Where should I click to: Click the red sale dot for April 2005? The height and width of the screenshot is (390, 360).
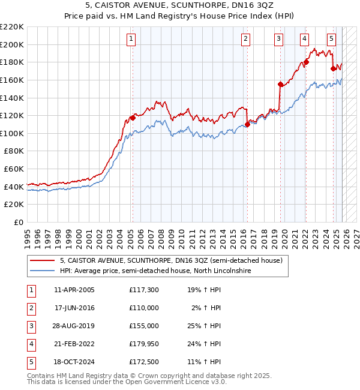tap(133, 118)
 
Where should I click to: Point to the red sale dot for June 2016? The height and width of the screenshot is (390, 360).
tap(247, 124)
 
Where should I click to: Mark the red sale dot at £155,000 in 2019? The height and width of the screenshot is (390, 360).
tap(280, 85)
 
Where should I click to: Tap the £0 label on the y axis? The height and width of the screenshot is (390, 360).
tap(18, 222)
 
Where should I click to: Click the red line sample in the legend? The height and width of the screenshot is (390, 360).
tap(42, 261)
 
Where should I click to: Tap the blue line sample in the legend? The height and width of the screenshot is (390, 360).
tap(42, 271)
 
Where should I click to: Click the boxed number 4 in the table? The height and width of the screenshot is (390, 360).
tap(31, 344)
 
